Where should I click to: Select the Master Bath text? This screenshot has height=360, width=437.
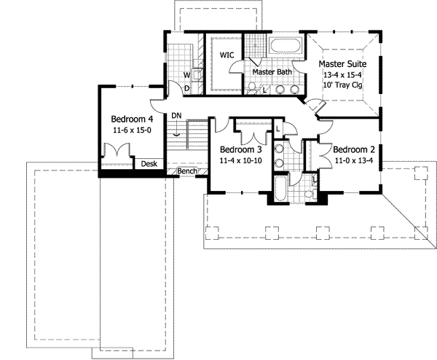tap(271, 72)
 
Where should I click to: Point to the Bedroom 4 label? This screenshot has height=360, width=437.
tap(132, 119)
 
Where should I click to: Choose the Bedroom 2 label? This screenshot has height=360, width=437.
tap(354, 150)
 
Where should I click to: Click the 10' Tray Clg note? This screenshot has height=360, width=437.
tap(345, 86)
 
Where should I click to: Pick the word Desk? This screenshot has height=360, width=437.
tap(149, 164)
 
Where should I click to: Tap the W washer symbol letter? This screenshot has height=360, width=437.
tap(186, 75)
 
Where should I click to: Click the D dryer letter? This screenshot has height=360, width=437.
tap(186, 88)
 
